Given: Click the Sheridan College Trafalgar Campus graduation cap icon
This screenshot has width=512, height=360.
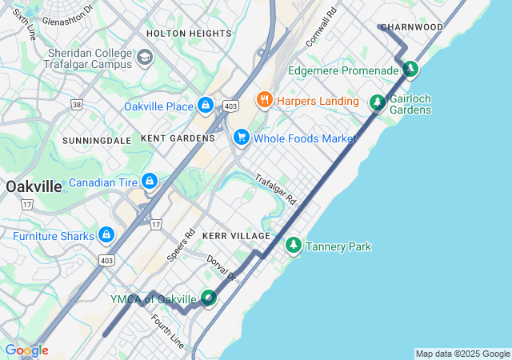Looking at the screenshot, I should (x=145, y=57).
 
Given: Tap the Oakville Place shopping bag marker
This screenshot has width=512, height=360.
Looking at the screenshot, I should (x=206, y=105).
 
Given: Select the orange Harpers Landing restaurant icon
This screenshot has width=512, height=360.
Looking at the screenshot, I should (x=264, y=100).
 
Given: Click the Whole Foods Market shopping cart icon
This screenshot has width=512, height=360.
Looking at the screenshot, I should (x=241, y=138).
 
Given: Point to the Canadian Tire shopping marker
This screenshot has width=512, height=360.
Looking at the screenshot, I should (x=149, y=182).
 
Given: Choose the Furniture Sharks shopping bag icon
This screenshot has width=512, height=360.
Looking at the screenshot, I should (x=106, y=235).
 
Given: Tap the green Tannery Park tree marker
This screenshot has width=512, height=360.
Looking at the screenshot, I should (x=294, y=246).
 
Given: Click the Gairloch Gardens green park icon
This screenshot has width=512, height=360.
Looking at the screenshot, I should (x=378, y=103).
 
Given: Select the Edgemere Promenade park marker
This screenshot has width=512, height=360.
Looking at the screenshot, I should (x=410, y=70).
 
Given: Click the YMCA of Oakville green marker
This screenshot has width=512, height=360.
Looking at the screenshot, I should (x=208, y=298).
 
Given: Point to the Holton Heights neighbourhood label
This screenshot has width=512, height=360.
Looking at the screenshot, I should (x=189, y=34).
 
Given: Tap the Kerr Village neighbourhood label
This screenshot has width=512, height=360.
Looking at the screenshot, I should (x=237, y=237).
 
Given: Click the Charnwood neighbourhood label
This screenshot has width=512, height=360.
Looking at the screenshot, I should (x=413, y=27).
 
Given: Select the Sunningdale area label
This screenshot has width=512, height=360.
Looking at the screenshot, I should (x=97, y=140).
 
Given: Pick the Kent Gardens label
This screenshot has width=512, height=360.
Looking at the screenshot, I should (x=178, y=138).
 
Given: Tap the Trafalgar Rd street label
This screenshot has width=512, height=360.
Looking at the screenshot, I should (x=276, y=189).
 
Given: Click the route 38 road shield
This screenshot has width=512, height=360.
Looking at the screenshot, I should (x=77, y=104).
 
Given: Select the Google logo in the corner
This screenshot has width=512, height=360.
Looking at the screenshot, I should (x=26, y=350).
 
